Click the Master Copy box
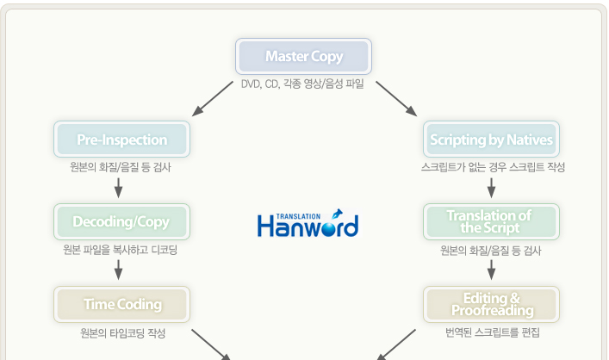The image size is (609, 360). point(303,56)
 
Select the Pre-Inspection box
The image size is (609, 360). point(122,139)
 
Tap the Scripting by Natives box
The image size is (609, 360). point(491,139)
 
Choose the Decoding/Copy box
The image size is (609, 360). point(122,221)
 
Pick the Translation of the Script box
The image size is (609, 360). point(491,221)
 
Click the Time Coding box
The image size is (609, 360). point(122,305)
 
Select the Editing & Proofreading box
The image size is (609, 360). point(491,305)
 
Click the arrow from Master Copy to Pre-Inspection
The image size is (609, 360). point(213,99)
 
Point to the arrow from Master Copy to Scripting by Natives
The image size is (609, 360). point(396,99)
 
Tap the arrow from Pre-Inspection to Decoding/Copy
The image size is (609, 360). point(119,188)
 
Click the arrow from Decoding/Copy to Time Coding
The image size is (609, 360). point(119,270)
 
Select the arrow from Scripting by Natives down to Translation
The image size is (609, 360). point(491,188)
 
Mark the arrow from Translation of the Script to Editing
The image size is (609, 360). point(491,270)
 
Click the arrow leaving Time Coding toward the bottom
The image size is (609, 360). point(211,344)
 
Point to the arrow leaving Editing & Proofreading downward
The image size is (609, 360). point(396,344)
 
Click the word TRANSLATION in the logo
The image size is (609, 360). point(298,216)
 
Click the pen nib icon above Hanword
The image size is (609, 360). point(337,214)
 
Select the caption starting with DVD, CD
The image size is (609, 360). point(302,84)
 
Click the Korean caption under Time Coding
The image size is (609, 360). point(122,333)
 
